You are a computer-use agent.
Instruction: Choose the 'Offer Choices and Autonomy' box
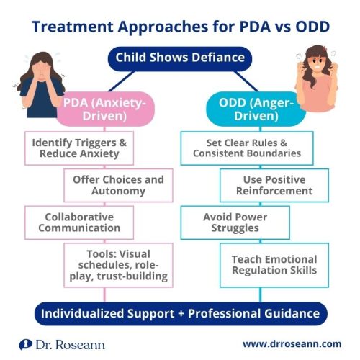coord(117,185)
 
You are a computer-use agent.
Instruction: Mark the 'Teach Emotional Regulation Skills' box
coord(274,265)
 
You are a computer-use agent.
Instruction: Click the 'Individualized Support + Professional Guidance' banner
coord(179,313)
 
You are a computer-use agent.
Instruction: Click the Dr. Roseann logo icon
coord(24,344)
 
